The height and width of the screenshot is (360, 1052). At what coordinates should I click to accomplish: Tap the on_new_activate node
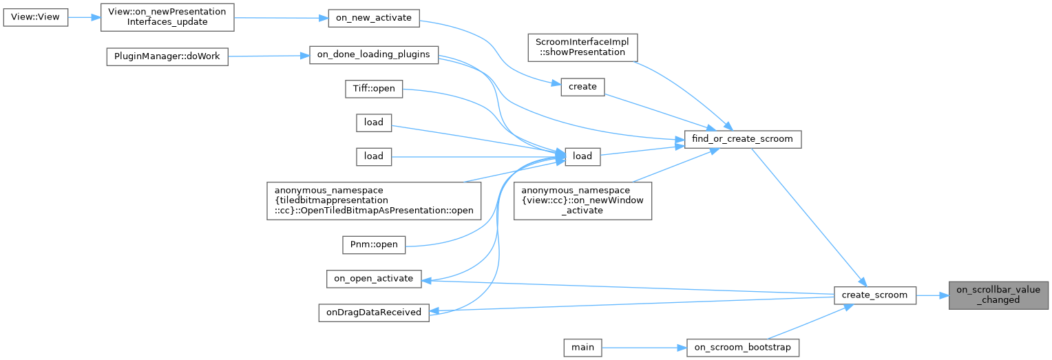pyautogui.click(x=373, y=19)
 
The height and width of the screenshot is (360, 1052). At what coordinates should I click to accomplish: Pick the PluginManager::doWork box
pyautogui.click(x=167, y=56)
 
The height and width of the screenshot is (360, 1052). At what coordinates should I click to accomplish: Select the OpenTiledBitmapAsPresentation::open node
pyautogui.click(x=375, y=200)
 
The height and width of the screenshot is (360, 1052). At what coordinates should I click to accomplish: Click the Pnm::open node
pyautogui.click(x=374, y=244)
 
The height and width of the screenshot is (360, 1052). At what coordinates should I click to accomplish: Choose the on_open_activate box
pyautogui.click(x=373, y=278)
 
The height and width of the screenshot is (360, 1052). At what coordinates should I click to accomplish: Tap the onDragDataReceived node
pyautogui.click(x=373, y=312)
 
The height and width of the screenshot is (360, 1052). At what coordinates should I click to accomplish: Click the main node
pyautogui.click(x=582, y=348)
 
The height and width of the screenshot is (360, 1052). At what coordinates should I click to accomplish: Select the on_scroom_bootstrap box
pyautogui.click(x=743, y=348)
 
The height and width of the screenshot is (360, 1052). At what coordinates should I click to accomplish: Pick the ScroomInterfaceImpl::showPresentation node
pyautogui.click(x=582, y=47)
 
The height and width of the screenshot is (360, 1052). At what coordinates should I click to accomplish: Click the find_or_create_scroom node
pyautogui.click(x=743, y=139)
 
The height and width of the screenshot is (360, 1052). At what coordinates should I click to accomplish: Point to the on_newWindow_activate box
pyautogui.click(x=582, y=200)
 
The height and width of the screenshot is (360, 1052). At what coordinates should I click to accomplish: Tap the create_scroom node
pyautogui.click(x=874, y=295)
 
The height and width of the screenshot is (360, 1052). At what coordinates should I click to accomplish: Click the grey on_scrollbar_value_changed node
pyautogui.click(x=998, y=295)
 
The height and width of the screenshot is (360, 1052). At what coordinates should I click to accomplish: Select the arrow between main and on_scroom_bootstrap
pyautogui.click(x=644, y=348)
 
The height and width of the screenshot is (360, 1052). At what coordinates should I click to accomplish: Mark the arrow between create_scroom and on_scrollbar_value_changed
pyautogui.click(x=932, y=295)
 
